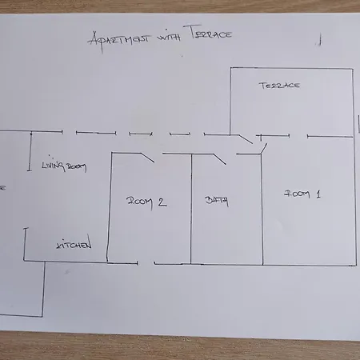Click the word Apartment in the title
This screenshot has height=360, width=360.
119,41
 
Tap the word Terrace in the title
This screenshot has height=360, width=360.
211,33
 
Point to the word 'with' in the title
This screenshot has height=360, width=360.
169,38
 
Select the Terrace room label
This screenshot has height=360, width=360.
279,86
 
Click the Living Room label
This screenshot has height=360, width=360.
64,166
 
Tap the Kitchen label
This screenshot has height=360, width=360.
74,243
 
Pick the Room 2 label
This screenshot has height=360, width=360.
146,202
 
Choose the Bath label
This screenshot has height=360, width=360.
217,201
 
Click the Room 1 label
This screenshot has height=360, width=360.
302,194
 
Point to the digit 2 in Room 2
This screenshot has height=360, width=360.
162,202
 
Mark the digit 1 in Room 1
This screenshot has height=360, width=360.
318,194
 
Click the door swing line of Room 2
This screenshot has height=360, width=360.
147,158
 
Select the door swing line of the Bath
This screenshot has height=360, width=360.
219,158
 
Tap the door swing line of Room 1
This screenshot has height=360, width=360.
264,149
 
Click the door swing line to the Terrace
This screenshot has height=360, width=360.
246,139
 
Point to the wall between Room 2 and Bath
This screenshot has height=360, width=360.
191,209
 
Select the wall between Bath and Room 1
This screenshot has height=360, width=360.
262,210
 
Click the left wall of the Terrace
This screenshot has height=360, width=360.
230,102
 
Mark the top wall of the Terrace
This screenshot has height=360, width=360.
292,68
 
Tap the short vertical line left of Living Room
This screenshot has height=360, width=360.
30,151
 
